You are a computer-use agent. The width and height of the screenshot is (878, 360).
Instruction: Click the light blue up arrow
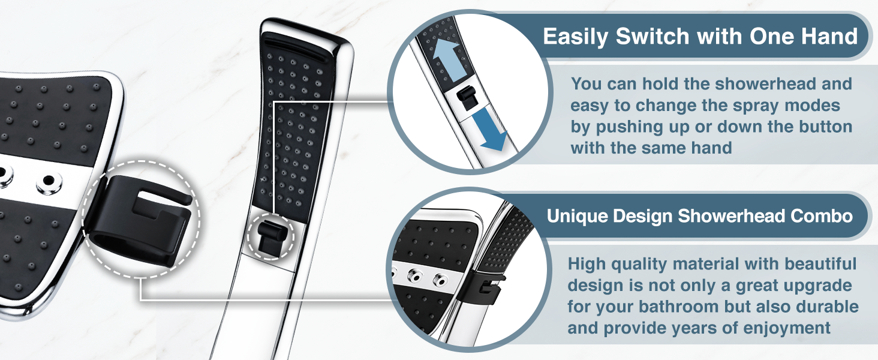pos(446,59)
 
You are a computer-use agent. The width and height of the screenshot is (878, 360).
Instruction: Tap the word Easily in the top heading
pos(575,37)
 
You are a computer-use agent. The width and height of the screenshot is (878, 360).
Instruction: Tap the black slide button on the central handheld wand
pos(270,236)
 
